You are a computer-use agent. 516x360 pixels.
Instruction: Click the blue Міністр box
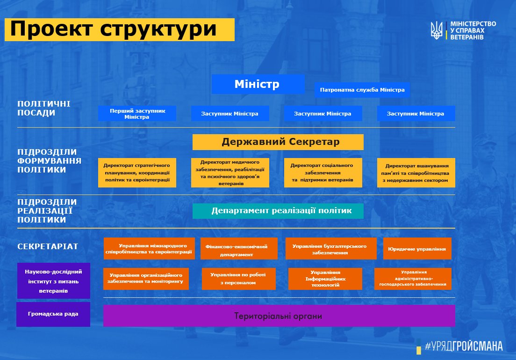point(258,84)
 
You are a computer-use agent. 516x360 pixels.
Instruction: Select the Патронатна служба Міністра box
point(362,89)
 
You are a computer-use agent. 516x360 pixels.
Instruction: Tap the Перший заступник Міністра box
point(137,114)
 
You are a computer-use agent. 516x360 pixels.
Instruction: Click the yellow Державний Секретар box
point(278,142)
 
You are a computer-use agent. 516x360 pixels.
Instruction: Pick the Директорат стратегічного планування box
point(137,173)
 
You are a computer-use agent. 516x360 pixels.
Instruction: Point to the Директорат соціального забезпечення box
point(323,173)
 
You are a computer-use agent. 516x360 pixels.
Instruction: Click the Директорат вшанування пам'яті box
point(416,173)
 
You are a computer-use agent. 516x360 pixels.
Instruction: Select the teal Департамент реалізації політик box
point(278,211)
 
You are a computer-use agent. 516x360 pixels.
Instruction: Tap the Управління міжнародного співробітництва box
point(149,248)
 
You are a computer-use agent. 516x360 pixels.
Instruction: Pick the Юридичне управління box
point(417,248)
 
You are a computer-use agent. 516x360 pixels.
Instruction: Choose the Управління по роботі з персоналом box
point(238,279)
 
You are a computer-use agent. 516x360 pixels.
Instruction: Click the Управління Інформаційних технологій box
point(325,279)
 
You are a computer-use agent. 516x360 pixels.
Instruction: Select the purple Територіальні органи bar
point(279,316)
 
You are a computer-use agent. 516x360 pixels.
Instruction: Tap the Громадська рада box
point(53,314)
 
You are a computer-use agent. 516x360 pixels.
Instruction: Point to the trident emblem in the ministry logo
point(437,30)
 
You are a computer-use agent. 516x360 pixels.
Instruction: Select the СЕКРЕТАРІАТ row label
point(48,246)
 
